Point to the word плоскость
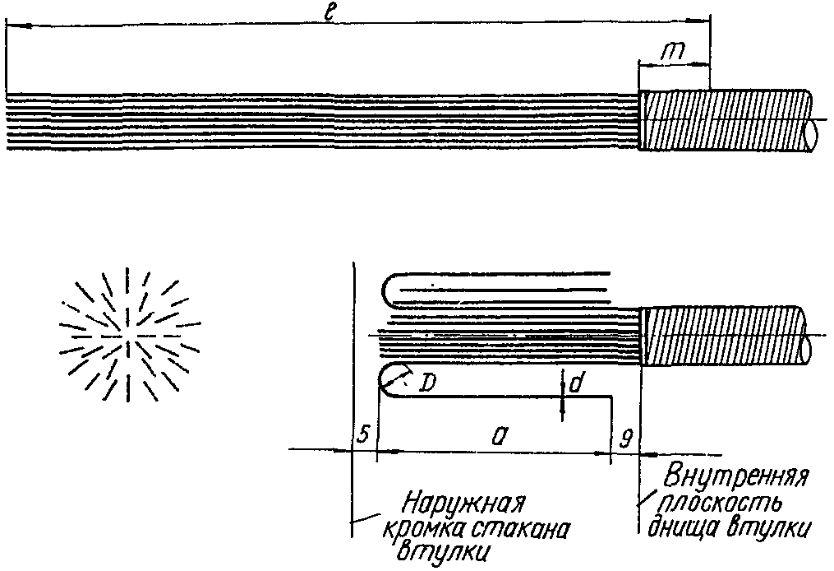[x=717, y=503]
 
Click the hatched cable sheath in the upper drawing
[x=723, y=120]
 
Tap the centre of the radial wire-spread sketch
[x=127, y=337]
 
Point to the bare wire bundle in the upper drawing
[x=320, y=120]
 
